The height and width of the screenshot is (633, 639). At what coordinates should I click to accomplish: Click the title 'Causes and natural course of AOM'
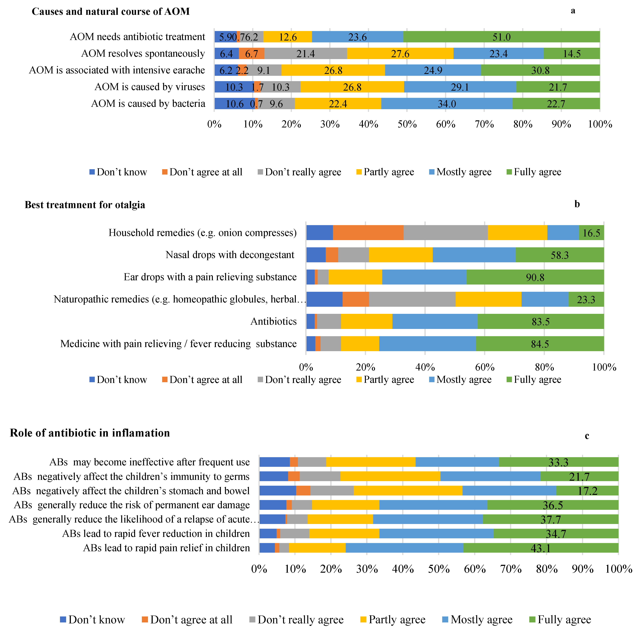tap(111, 12)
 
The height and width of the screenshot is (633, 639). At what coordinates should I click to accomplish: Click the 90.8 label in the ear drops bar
tap(535, 277)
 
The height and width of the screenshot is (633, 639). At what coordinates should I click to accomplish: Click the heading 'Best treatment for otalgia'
tap(85, 205)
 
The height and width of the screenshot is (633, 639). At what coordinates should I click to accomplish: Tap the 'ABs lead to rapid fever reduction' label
tap(156, 534)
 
